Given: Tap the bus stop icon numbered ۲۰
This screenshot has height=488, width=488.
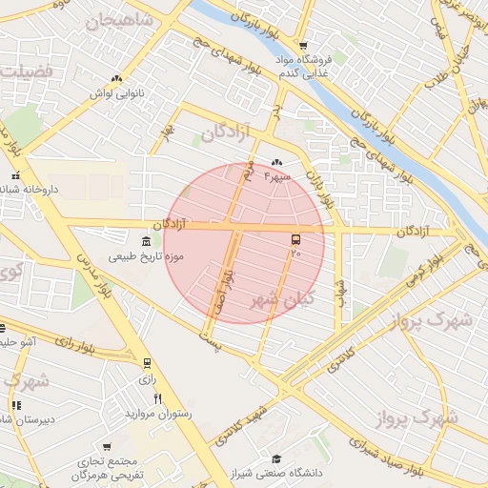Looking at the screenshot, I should [x=295, y=240].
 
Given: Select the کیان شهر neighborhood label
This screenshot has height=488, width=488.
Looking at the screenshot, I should [x=281, y=299].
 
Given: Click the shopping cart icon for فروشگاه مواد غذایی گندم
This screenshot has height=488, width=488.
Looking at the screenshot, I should [x=302, y=45].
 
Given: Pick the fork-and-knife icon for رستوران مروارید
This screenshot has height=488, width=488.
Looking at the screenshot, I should [x=158, y=398].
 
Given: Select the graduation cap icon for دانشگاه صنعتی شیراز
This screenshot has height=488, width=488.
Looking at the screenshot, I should [x=275, y=458].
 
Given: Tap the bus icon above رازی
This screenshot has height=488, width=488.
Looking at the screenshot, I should [x=147, y=363].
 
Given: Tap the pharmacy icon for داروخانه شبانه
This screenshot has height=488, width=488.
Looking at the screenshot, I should [x=14, y=175].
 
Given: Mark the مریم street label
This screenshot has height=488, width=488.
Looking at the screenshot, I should [x=247, y=172].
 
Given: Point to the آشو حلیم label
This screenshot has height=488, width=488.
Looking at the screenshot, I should [x=17, y=341].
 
